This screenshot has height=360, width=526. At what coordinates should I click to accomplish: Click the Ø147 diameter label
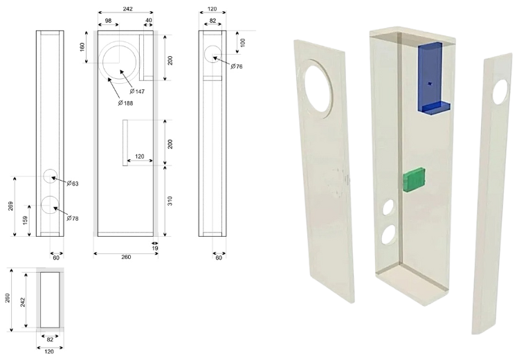[137, 91]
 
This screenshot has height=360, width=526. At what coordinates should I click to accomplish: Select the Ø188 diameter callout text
[125, 103]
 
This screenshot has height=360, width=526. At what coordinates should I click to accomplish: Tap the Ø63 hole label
[73, 183]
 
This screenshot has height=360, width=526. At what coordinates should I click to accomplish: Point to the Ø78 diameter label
[73, 218]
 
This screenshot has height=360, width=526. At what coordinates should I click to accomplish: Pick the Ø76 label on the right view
[237, 66]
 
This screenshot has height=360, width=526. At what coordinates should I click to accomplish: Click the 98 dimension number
[109, 21]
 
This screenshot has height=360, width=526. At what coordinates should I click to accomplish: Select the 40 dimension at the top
[149, 20]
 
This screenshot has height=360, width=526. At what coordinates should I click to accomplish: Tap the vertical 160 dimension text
[82, 47]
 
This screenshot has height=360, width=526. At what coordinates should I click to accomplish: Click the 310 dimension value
[170, 201]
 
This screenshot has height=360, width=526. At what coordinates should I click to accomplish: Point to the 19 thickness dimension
[155, 249]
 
